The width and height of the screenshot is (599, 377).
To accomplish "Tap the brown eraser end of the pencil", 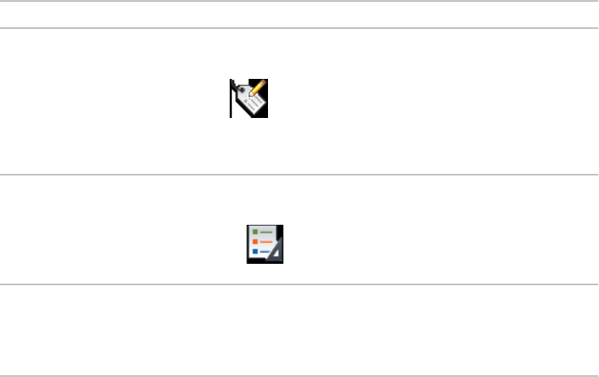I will (265, 82).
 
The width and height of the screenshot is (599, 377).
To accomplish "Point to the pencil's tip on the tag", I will (251, 96).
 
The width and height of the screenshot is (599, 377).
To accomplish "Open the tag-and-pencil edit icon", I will (250, 99).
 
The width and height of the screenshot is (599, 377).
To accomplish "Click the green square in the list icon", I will (255, 233).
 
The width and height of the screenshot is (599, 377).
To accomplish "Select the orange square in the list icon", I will (255, 242).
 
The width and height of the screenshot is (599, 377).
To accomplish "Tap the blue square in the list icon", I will (255, 251).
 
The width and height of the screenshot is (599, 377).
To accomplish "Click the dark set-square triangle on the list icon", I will (276, 253).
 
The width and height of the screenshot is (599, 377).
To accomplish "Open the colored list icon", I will (266, 244).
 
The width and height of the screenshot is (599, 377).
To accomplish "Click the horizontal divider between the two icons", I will (299, 175).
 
